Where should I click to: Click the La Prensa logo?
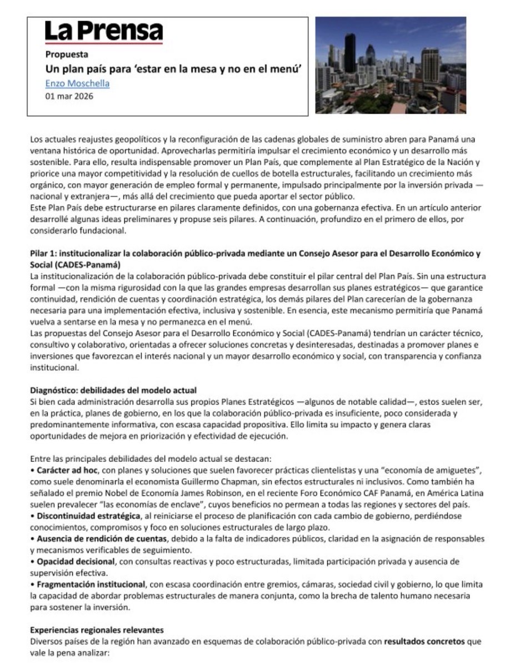pos(104,32)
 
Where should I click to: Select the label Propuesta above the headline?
pos(67,54)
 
